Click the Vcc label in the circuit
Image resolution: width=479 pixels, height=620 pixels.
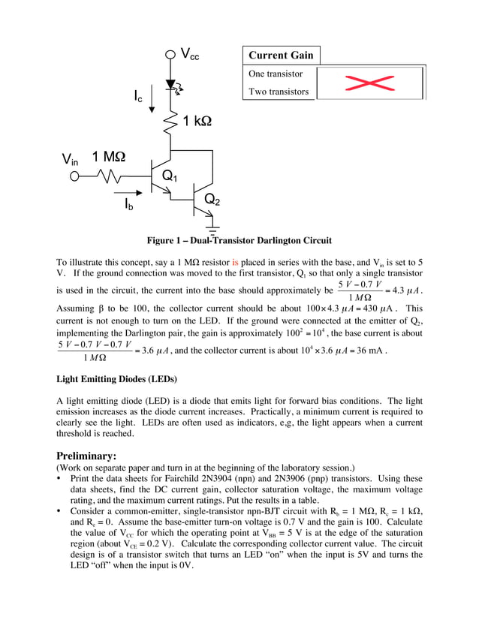coord(190,54)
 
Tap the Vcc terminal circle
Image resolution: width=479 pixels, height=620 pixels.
coord(170,54)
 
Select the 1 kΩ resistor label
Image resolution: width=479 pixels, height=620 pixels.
coord(197,120)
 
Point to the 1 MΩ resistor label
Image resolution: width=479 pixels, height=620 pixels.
coord(109,157)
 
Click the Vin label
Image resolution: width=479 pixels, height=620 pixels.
coord(70,160)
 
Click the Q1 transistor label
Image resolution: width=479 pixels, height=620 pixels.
coord(170,176)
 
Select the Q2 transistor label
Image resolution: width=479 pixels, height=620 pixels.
coord(212,200)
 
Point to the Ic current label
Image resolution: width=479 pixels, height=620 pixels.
coord(139,96)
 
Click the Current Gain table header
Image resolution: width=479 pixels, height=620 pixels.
coord(281,56)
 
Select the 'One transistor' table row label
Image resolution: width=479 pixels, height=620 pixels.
coord(276,74)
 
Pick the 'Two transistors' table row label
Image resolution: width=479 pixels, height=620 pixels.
coord(279,92)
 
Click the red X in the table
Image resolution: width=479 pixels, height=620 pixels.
coord(370,83)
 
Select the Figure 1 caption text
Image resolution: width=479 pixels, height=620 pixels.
coord(239,240)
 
